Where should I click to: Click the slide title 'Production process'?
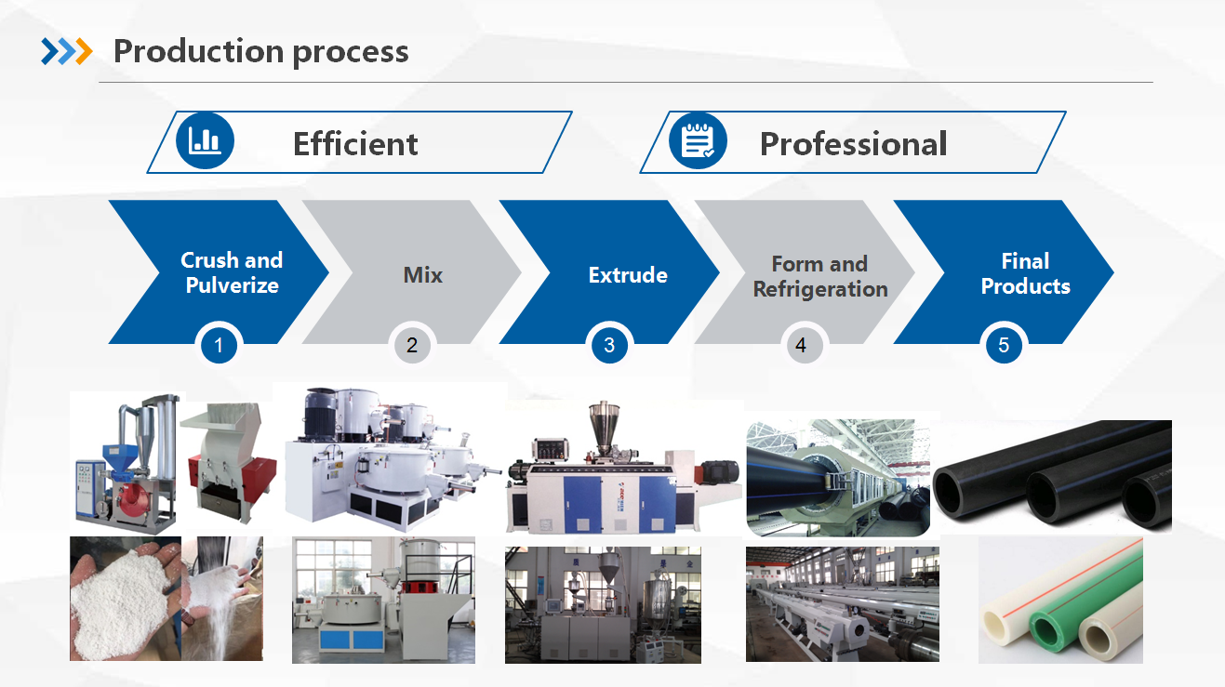click(x=260, y=52)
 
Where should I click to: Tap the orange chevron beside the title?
click(x=84, y=51)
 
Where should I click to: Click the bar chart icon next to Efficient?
click(x=205, y=140)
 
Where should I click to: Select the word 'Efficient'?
click(x=355, y=144)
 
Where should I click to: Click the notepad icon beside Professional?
click(x=698, y=140)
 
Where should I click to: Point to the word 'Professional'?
click(x=853, y=144)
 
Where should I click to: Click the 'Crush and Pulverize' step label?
click(x=232, y=272)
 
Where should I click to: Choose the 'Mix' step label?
click(x=422, y=275)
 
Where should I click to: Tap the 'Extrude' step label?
click(x=628, y=275)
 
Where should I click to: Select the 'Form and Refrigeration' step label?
click(x=820, y=276)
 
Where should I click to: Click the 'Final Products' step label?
click(x=1025, y=273)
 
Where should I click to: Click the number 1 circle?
click(x=219, y=345)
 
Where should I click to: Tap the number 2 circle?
click(x=412, y=345)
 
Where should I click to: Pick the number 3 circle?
click(x=609, y=345)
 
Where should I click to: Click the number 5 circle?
click(x=1004, y=345)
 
